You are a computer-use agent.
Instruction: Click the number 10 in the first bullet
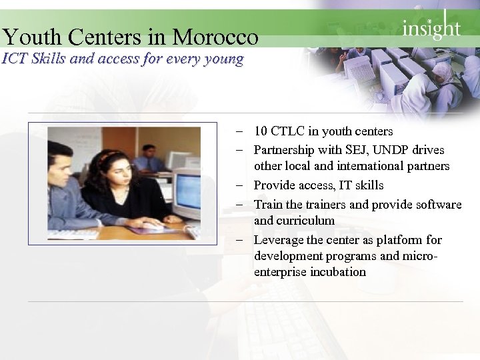pyautogui.click(x=261, y=131)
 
